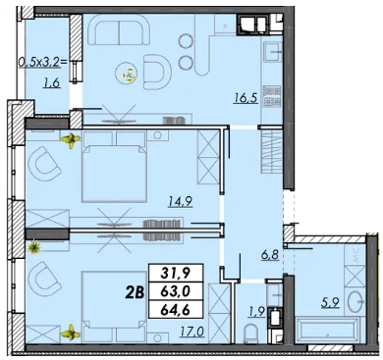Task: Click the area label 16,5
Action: (246, 98)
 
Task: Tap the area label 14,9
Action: (180, 202)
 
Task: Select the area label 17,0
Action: (191, 333)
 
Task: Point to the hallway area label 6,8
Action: (270, 254)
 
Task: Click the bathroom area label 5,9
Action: (330, 302)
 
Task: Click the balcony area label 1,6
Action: (52, 83)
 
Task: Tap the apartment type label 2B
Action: (135, 292)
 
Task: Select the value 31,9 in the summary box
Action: (177, 273)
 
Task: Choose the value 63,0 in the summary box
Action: (177, 291)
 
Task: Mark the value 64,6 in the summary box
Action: (177, 309)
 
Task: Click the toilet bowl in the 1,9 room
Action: (251, 333)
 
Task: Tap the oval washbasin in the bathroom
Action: (356, 300)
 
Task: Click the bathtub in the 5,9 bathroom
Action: (327, 330)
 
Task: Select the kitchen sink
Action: (272, 52)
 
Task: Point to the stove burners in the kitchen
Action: (272, 96)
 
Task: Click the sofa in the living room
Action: (119, 30)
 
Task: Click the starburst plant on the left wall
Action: (33, 247)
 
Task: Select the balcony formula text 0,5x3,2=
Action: (45, 63)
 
